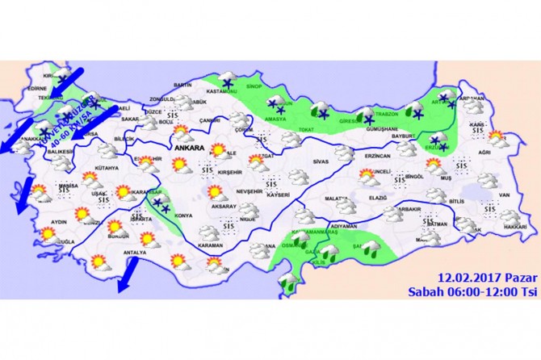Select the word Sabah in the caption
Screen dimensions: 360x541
pos(426,291)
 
